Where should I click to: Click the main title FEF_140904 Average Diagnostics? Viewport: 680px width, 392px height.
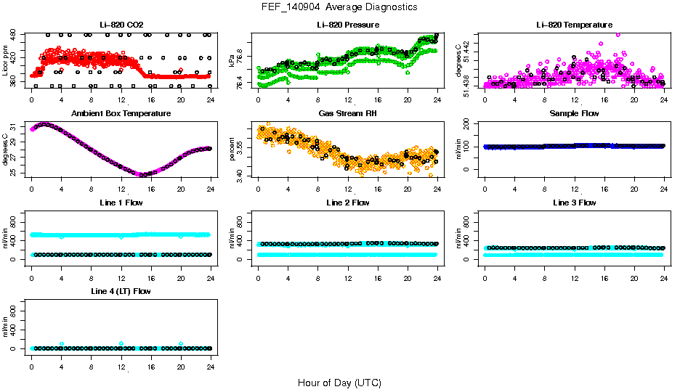pos(340,7)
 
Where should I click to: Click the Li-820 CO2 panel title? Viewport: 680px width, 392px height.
pos(121,25)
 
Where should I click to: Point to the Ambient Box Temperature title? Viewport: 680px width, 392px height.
pos(121,114)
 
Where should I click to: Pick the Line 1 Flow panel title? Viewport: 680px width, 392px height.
pos(121,203)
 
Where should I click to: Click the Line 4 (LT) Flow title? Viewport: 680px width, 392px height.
pos(121,291)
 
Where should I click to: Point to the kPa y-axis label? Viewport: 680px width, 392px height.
pos(232,60)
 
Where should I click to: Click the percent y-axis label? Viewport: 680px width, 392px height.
pos(232,150)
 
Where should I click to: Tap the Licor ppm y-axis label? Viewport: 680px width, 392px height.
pos(6,60)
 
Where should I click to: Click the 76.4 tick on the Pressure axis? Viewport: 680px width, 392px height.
pos(242,84)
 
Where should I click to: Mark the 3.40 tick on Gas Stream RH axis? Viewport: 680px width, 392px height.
pos(242,173)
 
